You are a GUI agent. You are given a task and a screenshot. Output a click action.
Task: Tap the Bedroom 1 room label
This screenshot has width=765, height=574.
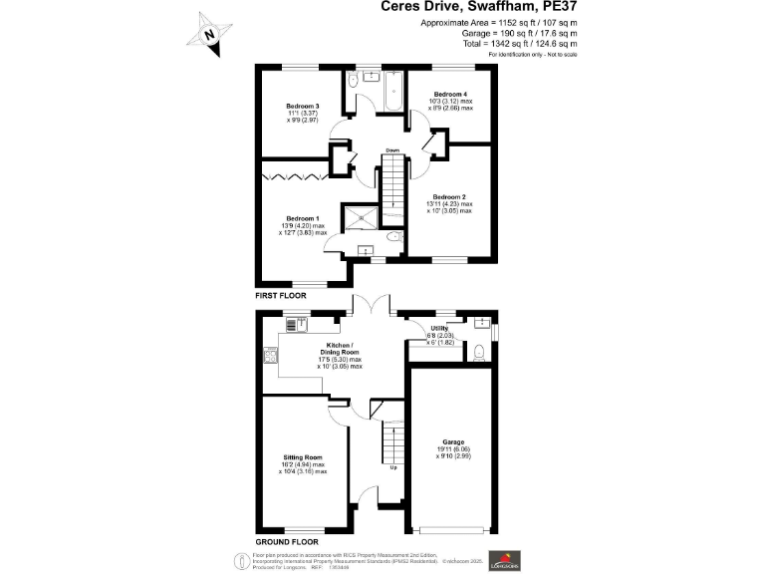(302, 217)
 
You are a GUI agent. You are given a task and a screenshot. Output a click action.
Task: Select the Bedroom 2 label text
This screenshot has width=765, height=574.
(449, 197)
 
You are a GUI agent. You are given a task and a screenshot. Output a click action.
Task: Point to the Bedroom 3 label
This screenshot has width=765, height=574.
(302, 107)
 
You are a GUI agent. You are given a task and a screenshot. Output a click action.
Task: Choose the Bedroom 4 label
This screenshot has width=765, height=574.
(450, 94)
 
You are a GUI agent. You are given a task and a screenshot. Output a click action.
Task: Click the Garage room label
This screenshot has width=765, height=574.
(453, 441)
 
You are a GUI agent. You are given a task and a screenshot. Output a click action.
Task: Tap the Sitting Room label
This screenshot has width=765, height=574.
(303, 457)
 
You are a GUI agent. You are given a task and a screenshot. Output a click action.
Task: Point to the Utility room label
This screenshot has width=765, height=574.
(439, 328)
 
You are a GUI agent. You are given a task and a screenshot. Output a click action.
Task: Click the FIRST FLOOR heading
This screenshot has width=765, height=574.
(282, 296)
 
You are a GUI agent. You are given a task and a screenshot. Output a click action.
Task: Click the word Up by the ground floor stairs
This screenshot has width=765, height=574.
(392, 466)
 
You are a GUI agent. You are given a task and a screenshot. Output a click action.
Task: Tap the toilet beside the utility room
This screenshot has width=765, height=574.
(480, 350)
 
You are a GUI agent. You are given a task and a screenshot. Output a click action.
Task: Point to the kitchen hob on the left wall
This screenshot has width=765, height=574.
(269, 356)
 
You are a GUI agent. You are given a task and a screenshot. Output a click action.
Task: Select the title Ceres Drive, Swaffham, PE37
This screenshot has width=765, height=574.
(479, 7)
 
